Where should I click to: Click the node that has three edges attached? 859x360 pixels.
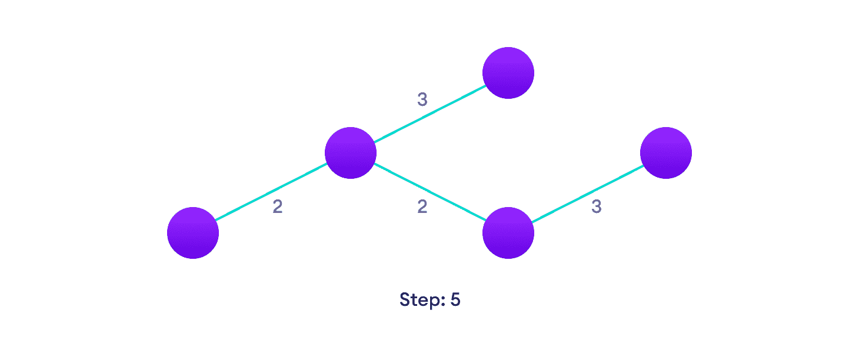coord(351,153)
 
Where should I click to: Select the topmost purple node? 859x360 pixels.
coord(508,73)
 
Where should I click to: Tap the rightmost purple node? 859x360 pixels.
coord(666,153)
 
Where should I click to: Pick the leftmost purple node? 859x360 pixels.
coord(193,233)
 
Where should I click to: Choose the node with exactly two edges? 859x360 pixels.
coord(508,233)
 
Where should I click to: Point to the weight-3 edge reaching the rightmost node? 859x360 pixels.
coord(587,193)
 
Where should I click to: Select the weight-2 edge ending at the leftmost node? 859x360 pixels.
coord(272,193)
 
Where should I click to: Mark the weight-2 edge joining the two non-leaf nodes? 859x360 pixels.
coord(429,193)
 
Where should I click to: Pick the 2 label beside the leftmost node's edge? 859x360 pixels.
coord(277,207)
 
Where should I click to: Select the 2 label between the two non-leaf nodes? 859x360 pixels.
coord(422,207)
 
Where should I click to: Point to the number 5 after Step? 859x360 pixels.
coord(455,300)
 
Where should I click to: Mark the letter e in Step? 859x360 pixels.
coord(424,301)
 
